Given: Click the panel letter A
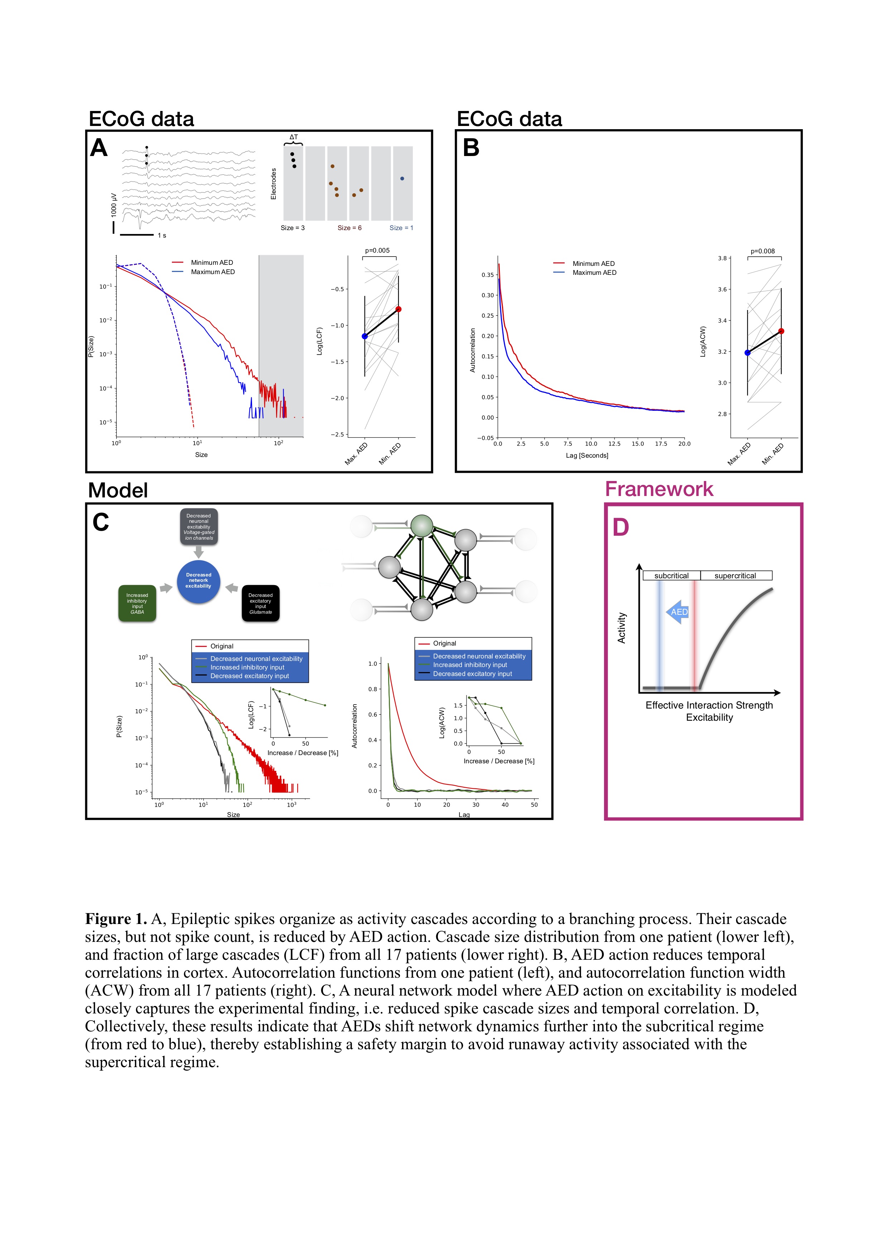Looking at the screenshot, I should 99,148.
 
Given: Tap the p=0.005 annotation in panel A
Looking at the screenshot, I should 377,251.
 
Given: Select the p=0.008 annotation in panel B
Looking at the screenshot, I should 762,252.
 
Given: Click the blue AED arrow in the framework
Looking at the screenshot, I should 677,612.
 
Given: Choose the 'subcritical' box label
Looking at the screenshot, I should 671,575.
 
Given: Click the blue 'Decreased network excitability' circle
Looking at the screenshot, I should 198,581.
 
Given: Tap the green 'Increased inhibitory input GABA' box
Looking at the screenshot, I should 137,603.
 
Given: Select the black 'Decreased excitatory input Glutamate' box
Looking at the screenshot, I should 260,603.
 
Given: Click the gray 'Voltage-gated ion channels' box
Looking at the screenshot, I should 199,526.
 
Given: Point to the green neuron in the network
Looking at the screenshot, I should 422,525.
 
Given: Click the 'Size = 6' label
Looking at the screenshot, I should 349,228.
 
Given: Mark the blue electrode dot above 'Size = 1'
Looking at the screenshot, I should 402,179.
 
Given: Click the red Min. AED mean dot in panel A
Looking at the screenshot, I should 399,310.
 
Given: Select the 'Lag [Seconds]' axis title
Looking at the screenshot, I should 587,455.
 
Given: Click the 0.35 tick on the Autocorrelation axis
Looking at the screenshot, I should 487,275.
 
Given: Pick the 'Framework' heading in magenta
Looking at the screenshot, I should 659,489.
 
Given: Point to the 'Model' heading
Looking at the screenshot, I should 118,490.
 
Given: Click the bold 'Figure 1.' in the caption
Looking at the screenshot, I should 116,919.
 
